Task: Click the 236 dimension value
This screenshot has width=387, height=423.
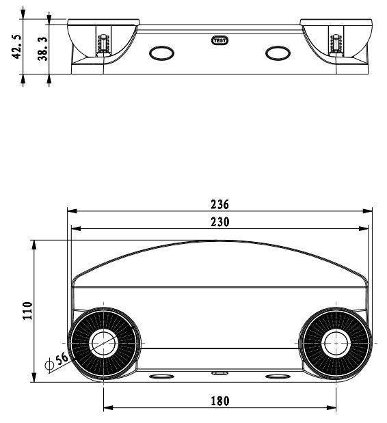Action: pos(219,204)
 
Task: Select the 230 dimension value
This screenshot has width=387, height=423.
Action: pos(219,222)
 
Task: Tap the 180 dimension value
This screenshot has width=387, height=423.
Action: pos(220,401)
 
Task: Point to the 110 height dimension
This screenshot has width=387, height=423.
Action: pos(27,310)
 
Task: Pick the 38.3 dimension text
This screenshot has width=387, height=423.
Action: pos(43,49)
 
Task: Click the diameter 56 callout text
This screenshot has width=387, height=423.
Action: pos(62,359)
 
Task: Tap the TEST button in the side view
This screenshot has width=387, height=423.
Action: pos(219,41)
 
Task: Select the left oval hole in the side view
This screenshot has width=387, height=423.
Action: pos(161,53)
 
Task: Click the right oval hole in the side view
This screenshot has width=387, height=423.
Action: pos(278,53)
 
